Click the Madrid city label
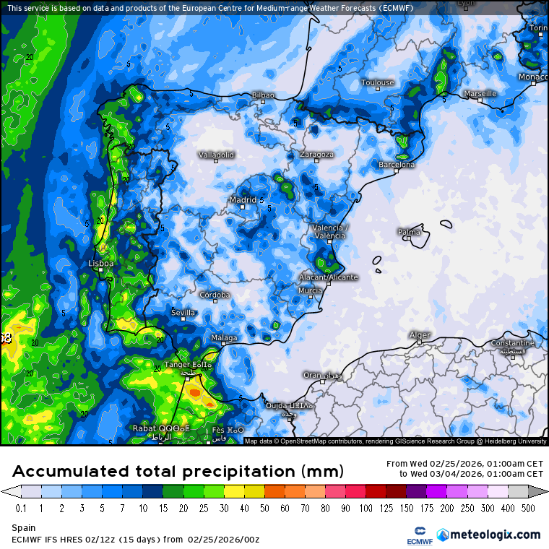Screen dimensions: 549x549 pos(243,199)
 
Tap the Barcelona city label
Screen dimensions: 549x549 pos(397,165)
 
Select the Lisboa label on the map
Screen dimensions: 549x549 pos(100,264)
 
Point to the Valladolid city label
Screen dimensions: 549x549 pos(217,155)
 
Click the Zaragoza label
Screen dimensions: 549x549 pos(316,155)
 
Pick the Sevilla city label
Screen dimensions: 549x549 pos(183,313)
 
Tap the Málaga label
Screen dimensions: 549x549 pos(224,337)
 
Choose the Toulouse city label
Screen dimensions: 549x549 pos(377,82)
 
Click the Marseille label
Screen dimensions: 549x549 pos(480,93)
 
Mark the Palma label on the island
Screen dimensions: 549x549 pos(409,232)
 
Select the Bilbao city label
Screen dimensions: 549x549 pos(263,95)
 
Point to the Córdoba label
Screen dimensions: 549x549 pos(215,295)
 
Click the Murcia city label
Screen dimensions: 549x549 pos(310,290)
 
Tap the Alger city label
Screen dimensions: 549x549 pos(420,335)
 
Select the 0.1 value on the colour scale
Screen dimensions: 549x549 pos(21,508)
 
